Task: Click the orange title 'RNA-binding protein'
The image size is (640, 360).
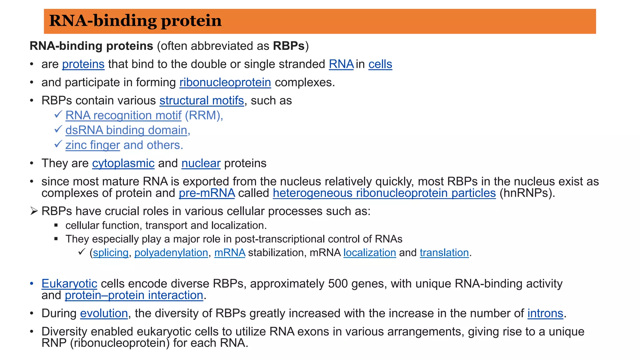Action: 135,21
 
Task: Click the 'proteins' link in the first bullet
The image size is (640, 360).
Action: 83,64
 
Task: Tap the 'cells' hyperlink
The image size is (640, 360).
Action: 380,64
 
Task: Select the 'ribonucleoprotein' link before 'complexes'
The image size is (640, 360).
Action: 225,82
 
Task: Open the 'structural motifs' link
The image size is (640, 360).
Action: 202,101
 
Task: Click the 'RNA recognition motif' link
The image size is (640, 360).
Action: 123,116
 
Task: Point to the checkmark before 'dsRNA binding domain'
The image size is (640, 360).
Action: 58,129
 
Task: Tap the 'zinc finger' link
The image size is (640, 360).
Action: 92,145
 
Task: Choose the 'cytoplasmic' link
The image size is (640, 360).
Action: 123,163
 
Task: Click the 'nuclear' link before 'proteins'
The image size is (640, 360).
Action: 201,163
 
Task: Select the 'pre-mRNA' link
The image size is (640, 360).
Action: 207,193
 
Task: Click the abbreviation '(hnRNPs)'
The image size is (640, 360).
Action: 527,193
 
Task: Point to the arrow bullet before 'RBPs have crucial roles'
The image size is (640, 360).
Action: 34,211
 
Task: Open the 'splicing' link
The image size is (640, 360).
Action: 111,252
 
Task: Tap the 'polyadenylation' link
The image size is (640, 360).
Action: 171,252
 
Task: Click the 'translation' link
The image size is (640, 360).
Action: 444,252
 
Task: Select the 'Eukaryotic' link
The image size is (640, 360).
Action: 69,284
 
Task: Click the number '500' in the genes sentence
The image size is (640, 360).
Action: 338,284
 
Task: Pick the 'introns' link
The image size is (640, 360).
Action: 545,313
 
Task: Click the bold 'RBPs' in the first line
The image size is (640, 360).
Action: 288,46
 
